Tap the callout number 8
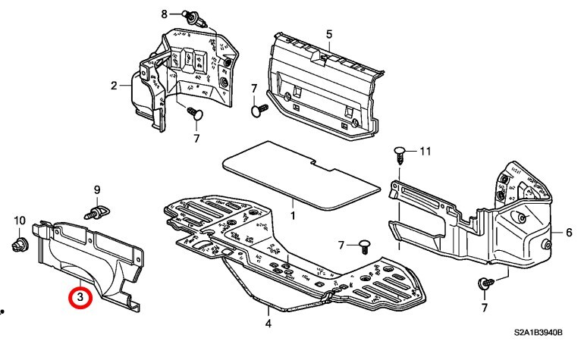pyautogui.click(x=165, y=14)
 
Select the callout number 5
pyautogui.click(x=329, y=34)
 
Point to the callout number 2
pyautogui.click(x=114, y=86)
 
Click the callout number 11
pyautogui.click(x=425, y=151)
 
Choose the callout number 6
pyautogui.click(x=569, y=233)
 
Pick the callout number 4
pyautogui.click(x=268, y=323)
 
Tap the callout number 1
pyautogui.click(x=293, y=215)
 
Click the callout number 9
pyautogui.click(x=97, y=190)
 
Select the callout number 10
pyautogui.click(x=20, y=221)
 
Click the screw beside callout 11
pyautogui.click(x=400, y=155)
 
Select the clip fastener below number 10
pyautogui.click(x=19, y=245)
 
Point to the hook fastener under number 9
pyautogui.click(x=96, y=212)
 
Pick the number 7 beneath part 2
pyautogui.click(x=196, y=139)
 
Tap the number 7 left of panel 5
pyautogui.click(x=254, y=89)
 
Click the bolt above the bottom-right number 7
pyautogui.click(x=485, y=283)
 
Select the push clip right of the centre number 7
pyautogui.click(x=365, y=246)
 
